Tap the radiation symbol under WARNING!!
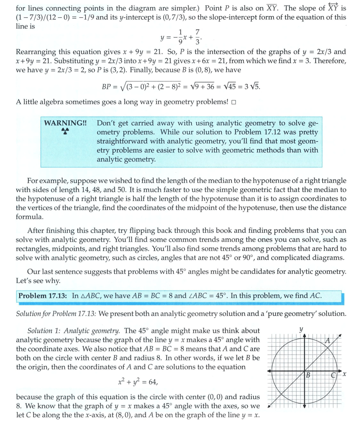click(x=64, y=132)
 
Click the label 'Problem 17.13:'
click(x=43, y=296)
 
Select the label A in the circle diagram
click(x=327, y=341)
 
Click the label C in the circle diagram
click(x=333, y=375)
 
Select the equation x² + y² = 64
click(x=137, y=382)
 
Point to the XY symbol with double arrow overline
click(x=331, y=8)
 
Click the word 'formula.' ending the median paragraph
click(x=30, y=217)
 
